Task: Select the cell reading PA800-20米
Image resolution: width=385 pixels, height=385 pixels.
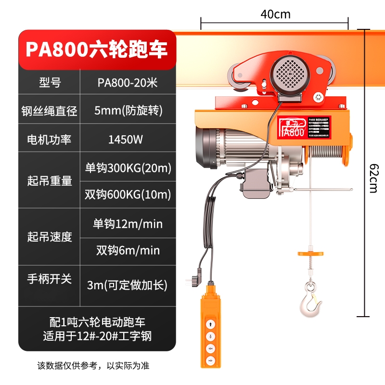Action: [127, 83]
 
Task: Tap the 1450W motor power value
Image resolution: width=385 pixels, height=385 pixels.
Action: [127, 140]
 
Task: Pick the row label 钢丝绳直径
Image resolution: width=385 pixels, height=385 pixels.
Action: [50, 111]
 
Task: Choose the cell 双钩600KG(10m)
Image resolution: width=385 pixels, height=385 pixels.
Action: [128, 194]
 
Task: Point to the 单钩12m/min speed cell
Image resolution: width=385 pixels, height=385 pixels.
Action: [128, 223]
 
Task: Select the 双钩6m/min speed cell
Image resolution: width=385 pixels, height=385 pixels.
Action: [128, 250]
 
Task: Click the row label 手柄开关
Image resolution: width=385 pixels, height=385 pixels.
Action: [50, 279]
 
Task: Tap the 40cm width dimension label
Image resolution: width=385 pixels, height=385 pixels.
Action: [275, 14]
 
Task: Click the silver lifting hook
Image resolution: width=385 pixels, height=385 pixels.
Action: [310, 301]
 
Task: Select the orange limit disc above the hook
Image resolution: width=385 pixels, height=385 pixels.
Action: [310, 254]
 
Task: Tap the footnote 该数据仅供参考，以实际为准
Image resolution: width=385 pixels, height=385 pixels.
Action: [97, 366]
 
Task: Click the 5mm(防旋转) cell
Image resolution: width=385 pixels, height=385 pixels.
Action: [127, 111]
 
